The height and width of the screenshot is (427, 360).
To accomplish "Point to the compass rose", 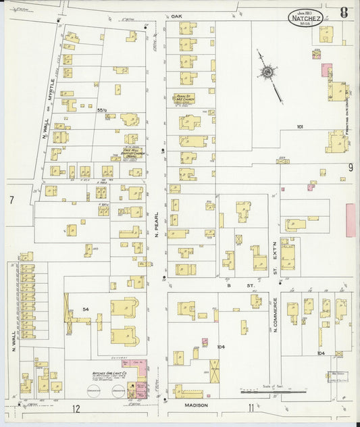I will (267, 72).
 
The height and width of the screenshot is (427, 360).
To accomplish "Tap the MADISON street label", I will (196, 405).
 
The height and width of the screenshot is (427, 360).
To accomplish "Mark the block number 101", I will (301, 126).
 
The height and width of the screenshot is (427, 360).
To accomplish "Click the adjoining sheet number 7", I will (11, 200).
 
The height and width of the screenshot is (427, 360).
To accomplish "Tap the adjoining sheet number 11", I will (251, 407).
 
